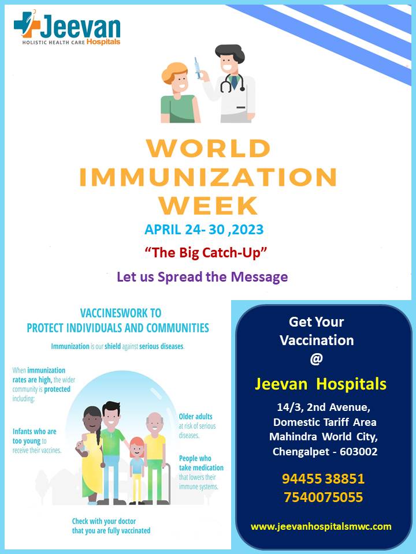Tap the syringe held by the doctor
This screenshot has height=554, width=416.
[198, 68]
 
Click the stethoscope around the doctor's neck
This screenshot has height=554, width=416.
[232, 84]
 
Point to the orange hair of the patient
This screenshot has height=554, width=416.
[174, 72]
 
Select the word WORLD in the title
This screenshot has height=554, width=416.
[209, 148]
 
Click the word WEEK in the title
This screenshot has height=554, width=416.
[209, 205]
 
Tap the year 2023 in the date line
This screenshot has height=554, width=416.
[248, 230]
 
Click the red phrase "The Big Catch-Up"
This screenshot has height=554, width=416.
[206, 253]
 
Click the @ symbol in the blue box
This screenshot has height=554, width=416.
[317, 359]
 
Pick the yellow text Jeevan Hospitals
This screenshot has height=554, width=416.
[321, 384]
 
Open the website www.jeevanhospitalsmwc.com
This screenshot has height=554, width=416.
[321, 526]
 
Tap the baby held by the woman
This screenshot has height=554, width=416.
[81, 447]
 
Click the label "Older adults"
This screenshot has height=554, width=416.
[196, 417]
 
